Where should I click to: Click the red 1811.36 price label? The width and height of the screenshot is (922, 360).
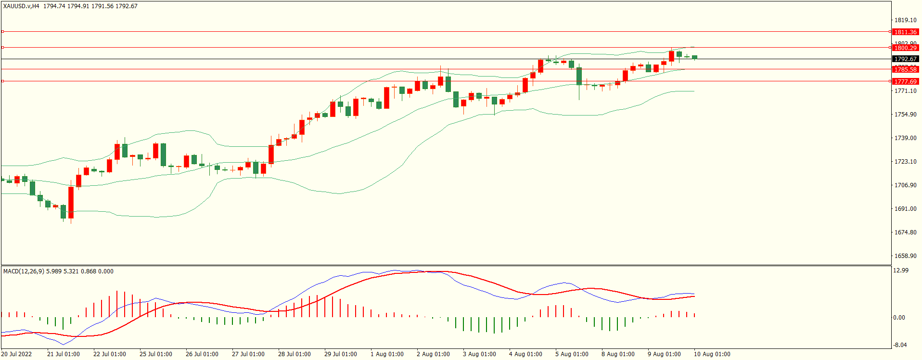[905, 32]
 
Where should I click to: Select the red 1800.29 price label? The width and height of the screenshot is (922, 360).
[905, 48]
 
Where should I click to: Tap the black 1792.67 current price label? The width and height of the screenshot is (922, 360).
[905, 59]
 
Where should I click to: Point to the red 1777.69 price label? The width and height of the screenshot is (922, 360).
[905, 81]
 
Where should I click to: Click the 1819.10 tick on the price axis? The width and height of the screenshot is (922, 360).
[905, 20]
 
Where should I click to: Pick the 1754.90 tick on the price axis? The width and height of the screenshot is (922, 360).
[905, 115]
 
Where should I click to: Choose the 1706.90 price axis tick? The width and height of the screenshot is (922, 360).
[905, 185]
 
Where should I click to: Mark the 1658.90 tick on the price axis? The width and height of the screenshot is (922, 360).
[905, 256]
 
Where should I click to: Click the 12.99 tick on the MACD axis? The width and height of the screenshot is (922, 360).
[901, 270]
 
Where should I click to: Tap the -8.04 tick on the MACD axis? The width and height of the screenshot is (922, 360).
[900, 345]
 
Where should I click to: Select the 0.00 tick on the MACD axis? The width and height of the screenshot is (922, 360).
[899, 318]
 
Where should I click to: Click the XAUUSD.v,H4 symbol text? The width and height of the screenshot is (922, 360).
[21, 6]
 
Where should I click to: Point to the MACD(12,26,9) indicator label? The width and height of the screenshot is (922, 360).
[24, 271]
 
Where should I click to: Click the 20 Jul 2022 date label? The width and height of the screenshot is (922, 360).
[16, 354]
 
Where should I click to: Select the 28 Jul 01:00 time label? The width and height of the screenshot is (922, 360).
[294, 354]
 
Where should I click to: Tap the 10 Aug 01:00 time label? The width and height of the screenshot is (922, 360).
[712, 354]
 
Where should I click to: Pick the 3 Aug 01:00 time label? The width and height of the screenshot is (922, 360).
[479, 354]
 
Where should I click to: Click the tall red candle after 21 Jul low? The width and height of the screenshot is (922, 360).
[71, 202]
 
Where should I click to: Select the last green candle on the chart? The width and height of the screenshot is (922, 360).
[694, 57]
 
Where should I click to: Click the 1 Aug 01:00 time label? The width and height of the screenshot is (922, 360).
[387, 354]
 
